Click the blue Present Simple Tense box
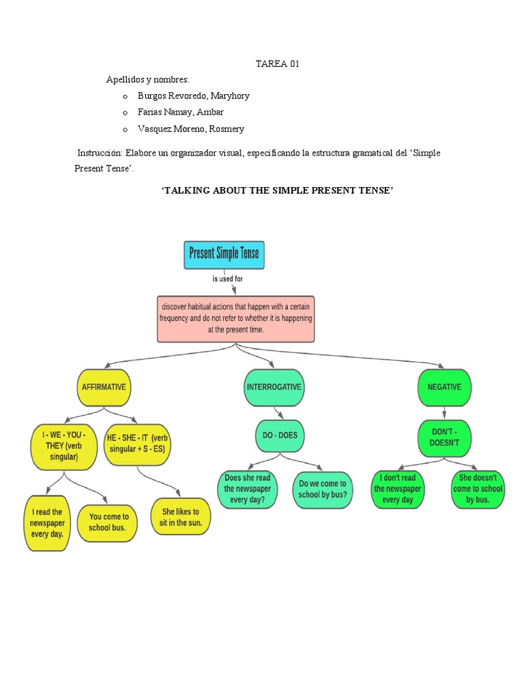(x=224, y=255)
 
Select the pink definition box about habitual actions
(x=236, y=318)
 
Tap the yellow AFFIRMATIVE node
(x=104, y=387)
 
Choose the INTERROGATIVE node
(x=274, y=387)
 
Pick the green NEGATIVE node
(x=444, y=387)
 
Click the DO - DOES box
(x=280, y=436)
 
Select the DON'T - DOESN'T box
(x=445, y=438)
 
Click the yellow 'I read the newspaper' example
(x=47, y=523)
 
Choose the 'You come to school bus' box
(x=108, y=522)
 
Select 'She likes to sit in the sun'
(x=180, y=517)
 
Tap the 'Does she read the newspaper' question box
(x=248, y=489)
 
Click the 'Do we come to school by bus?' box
(x=323, y=489)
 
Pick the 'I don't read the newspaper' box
(x=398, y=489)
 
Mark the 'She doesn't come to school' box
(x=478, y=489)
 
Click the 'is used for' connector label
(x=228, y=279)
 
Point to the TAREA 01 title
(x=277, y=64)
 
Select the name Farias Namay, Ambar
(x=180, y=112)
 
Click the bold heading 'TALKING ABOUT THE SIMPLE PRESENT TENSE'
(x=277, y=191)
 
